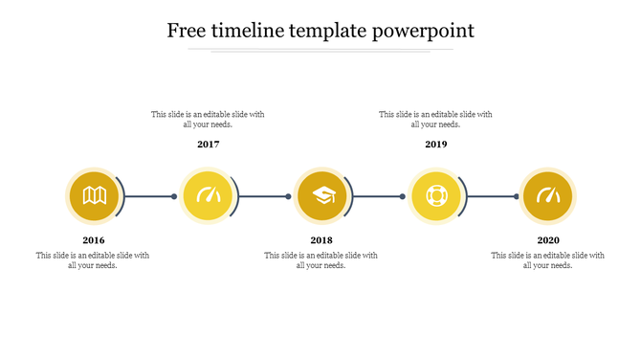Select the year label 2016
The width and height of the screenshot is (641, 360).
94,240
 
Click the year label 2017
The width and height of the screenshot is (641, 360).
209,145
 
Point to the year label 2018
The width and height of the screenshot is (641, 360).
321,240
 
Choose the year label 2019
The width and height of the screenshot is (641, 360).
436,145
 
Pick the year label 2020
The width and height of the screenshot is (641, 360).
548,240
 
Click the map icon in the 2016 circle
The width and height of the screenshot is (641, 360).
94,196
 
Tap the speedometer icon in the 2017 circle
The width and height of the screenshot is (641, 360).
209,196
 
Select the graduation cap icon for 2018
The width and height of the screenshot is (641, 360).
322,196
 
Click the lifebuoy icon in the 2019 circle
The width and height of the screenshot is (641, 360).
435,196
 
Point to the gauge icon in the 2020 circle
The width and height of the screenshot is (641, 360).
548,196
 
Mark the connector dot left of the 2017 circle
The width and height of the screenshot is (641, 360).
174,197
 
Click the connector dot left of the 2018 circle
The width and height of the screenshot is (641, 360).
288,197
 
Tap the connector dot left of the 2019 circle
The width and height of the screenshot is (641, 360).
403,197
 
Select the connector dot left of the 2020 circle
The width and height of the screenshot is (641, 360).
517,197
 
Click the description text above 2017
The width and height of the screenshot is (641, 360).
208,120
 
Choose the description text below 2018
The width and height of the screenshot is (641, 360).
321,260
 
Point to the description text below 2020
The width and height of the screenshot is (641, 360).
548,260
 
